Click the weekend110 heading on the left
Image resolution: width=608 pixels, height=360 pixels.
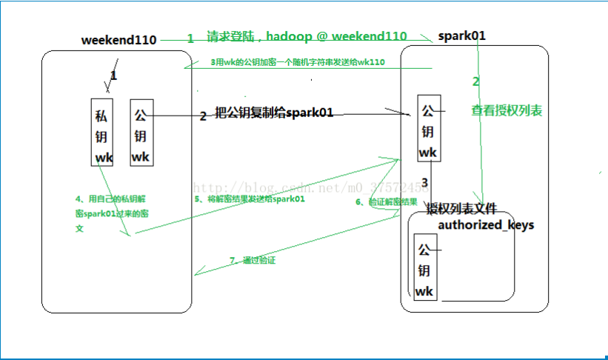click(x=118, y=40)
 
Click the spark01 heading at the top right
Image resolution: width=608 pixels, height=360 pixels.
click(x=462, y=36)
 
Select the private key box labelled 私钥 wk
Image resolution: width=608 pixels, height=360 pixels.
click(x=102, y=132)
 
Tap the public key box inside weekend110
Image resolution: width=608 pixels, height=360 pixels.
click(x=141, y=132)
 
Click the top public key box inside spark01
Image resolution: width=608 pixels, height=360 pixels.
click(x=428, y=127)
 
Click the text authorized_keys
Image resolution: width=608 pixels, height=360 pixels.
click(x=486, y=224)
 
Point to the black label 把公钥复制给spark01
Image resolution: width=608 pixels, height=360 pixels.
click(x=273, y=113)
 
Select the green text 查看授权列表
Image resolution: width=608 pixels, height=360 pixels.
click(x=507, y=110)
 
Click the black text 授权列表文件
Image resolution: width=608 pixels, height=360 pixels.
click(x=461, y=210)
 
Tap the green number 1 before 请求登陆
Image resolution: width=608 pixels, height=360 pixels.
click(x=190, y=38)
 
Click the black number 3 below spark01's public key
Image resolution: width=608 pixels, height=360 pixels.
click(x=424, y=182)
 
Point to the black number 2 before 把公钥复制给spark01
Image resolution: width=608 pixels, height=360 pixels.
click(x=203, y=116)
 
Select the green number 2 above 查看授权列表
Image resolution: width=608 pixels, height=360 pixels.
click(x=475, y=81)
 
